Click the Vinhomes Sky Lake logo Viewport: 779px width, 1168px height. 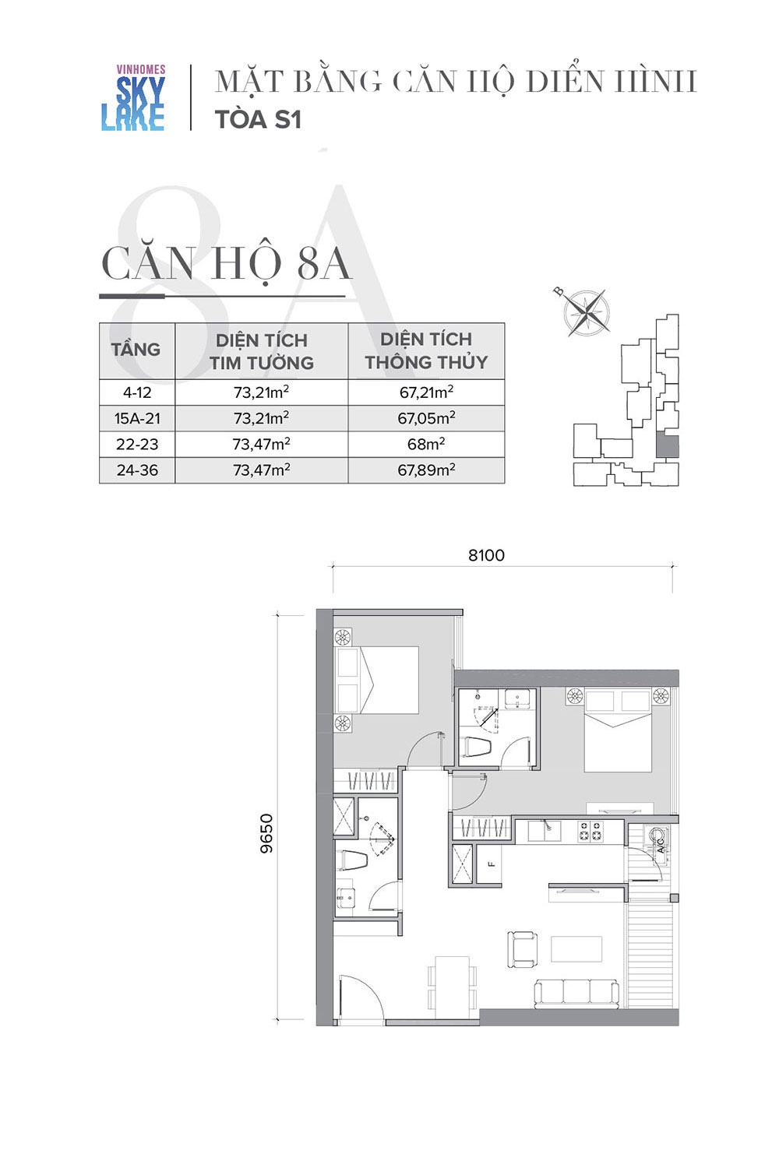tap(133, 97)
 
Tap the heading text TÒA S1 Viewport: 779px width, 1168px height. tap(259, 119)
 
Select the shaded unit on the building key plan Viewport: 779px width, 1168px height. tap(667, 446)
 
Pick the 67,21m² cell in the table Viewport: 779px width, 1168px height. tap(426, 392)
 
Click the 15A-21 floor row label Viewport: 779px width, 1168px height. tap(137, 418)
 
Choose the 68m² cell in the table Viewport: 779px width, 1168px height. tap(426, 445)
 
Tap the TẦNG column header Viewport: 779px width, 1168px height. tap(136, 349)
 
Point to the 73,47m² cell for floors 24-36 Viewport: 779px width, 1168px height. tap(262, 470)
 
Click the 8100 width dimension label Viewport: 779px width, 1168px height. tap(486, 555)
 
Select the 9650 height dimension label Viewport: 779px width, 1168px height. tap(266, 832)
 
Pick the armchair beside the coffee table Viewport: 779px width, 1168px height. tap(522, 949)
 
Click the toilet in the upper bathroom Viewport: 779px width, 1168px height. tap(478, 747)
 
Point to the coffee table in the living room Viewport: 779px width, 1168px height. tap(576, 949)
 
